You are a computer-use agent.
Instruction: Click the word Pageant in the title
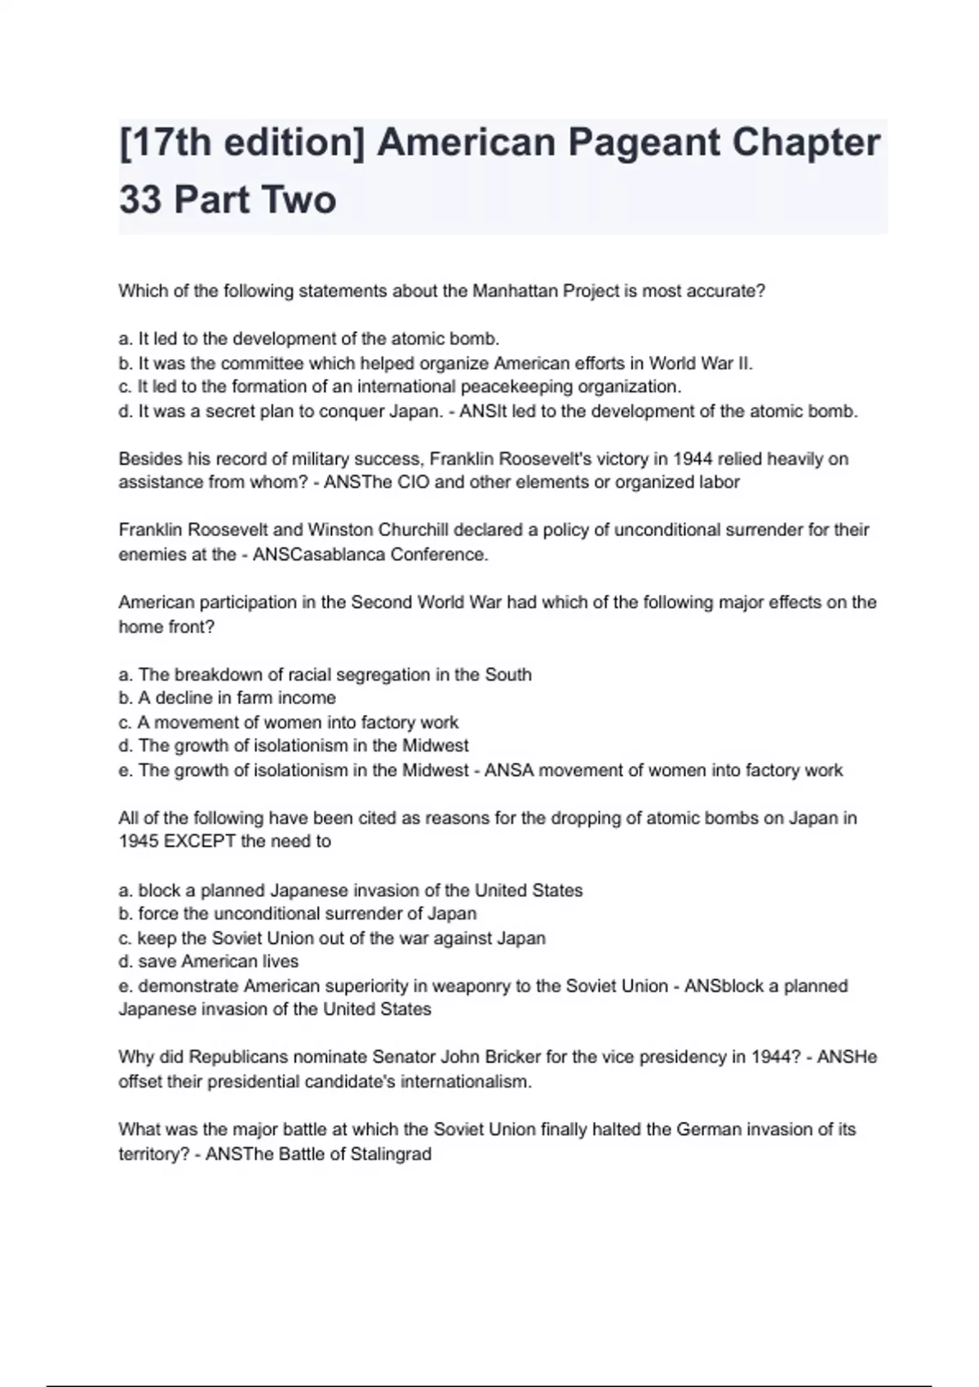pyautogui.click(x=644, y=144)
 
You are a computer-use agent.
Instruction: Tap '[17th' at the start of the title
pyautogui.click(x=163, y=144)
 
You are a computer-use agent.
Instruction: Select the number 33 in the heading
pyautogui.click(x=140, y=200)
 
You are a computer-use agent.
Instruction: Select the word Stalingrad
pyautogui.click(x=391, y=1154)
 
